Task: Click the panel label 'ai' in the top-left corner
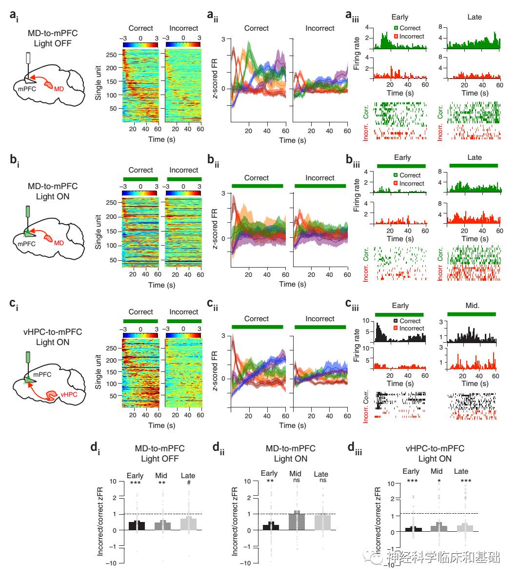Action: coord(14,16)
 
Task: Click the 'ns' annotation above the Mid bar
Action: coord(295,481)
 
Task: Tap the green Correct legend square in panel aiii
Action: coord(396,28)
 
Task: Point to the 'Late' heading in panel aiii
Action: coord(474,17)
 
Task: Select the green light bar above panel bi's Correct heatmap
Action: coord(140,179)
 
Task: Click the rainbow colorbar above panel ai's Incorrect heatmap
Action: coord(183,44)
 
